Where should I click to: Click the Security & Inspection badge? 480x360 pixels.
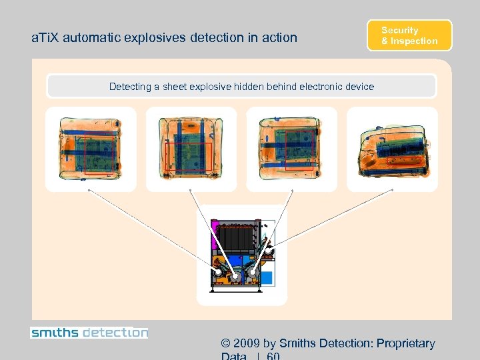pos(409,35)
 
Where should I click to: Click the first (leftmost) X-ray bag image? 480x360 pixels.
pos(90,149)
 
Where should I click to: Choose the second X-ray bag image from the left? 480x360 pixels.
pos(191,149)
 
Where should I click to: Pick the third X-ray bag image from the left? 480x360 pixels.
pos(291,149)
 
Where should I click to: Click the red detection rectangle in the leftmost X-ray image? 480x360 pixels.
pos(100,155)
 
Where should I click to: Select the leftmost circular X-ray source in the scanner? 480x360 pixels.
pos(218,273)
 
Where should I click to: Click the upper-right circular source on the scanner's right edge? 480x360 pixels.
pos(269,251)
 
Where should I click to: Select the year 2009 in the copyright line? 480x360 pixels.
pos(247,344)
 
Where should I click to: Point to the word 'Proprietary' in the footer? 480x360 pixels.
pos(405,344)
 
